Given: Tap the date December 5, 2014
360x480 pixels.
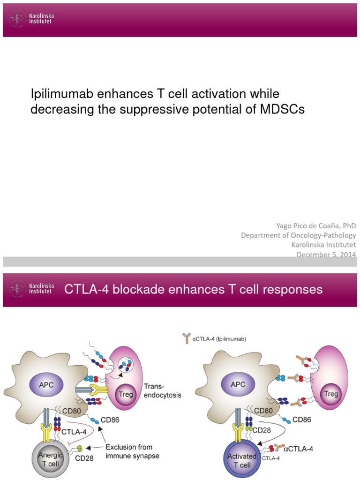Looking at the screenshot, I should pyautogui.click(x=327, y=255).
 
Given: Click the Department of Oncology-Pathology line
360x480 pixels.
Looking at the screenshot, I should pyautogui.click(x=298, y=235).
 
